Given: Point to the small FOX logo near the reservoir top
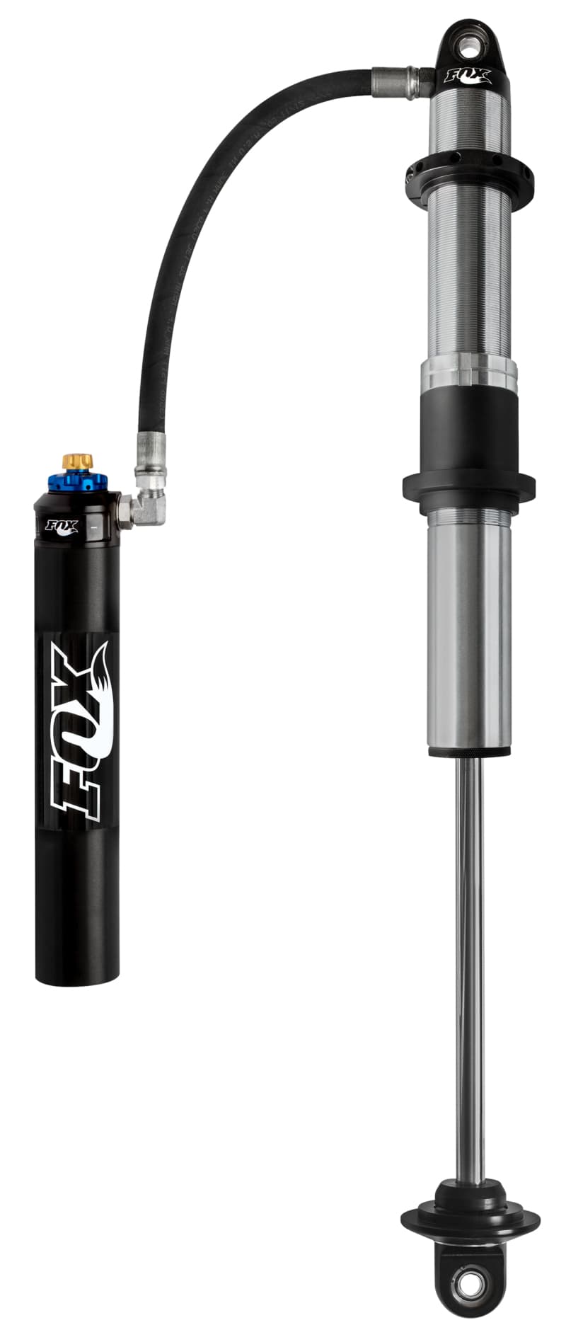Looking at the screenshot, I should click(62, 527).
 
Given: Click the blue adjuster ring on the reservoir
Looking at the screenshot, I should click(78, 483).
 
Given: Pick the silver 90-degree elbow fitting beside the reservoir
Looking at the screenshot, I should click(147, 505).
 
